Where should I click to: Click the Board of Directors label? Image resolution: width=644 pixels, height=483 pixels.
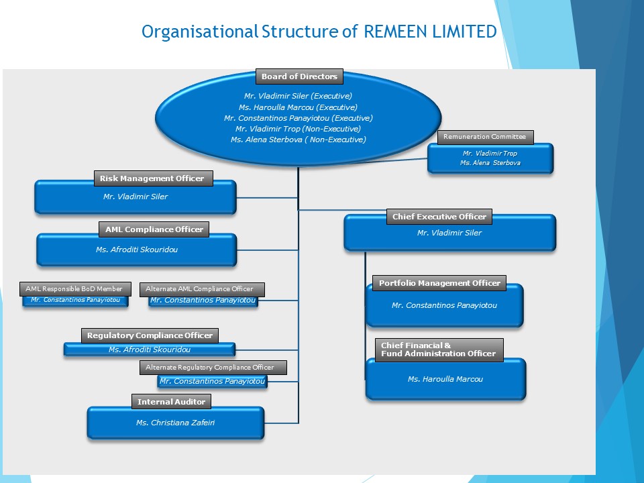[299, 76]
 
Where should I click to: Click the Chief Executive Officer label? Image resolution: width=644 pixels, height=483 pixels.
[439, 217]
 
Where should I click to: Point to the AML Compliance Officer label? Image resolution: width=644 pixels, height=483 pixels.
[154, 229]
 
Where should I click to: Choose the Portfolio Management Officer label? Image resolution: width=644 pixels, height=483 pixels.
[439, 283]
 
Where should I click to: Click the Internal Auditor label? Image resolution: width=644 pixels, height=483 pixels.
[171, 402]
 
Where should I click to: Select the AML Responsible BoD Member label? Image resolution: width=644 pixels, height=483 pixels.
[74, 289]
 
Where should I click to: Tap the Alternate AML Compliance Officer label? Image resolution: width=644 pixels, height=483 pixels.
[199, 289]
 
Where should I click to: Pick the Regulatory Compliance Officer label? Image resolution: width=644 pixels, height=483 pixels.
[150, 335]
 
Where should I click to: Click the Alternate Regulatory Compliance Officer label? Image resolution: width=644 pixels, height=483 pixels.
[210, 368]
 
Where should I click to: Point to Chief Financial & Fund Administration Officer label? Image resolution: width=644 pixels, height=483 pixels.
[439, 350]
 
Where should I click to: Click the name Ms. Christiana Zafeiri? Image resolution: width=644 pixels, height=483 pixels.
[175, 423]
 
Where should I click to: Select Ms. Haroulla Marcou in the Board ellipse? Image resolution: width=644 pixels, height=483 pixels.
[298, 107]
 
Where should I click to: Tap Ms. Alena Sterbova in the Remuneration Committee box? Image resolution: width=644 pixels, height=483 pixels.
[490, 163]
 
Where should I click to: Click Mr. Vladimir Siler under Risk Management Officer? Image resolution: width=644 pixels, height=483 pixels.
[136, 197]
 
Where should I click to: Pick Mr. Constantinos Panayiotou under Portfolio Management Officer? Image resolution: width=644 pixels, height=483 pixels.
[444, 306]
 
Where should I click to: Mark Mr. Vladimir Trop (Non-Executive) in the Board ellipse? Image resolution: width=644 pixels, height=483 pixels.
[298, 129]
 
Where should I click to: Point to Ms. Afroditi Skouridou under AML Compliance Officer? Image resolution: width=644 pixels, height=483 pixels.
[137, 250]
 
